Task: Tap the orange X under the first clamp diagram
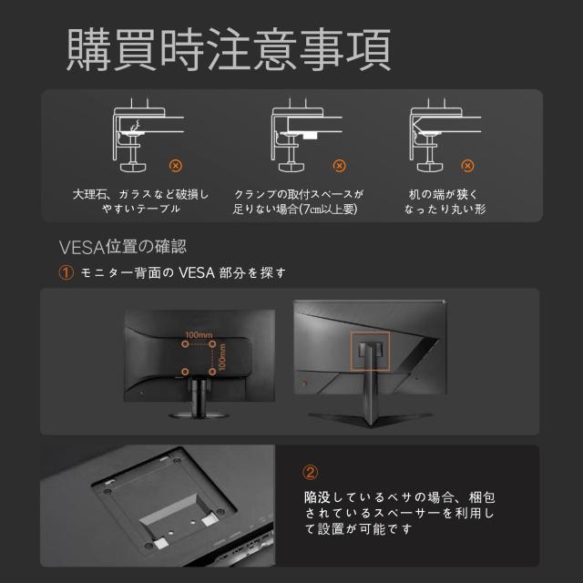pos(176,166)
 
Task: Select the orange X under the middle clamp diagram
pos(339,166)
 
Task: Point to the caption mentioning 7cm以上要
pos(298,201)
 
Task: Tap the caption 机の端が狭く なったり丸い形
pos(445,201)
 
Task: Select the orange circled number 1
pos(66,272)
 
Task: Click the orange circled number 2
pos(311,472)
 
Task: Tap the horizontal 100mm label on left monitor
pos(198,335)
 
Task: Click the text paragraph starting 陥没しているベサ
pos(400,515)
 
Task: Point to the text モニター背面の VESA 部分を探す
pos(183,272)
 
